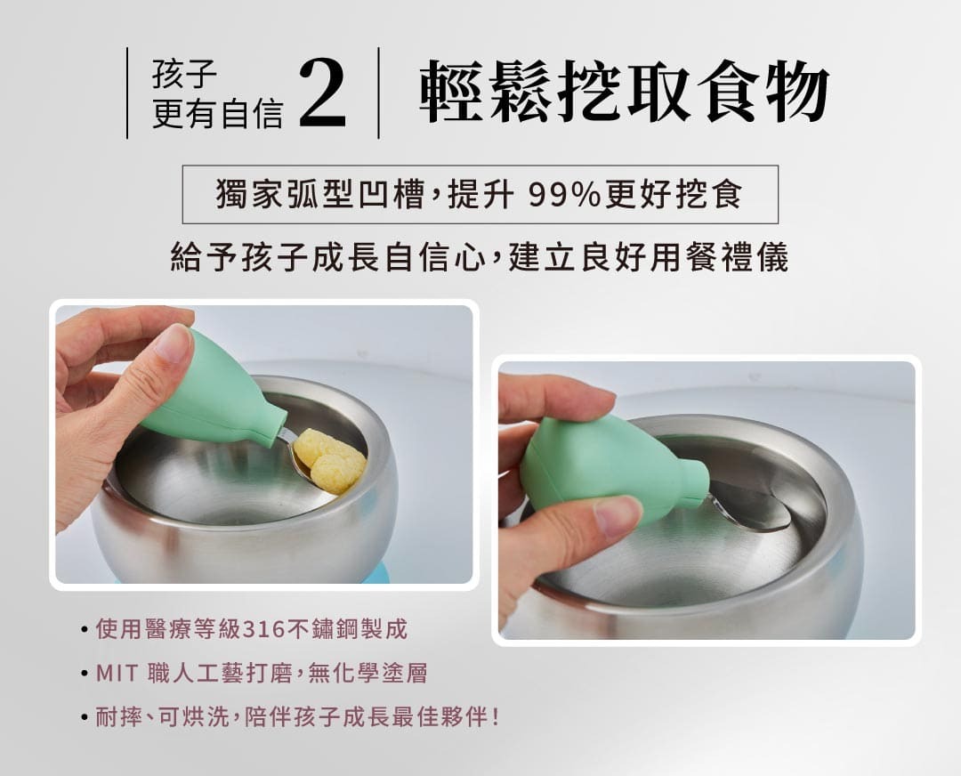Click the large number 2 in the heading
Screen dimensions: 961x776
pyautogui.click(x=323, y=93)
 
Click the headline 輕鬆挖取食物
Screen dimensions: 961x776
pyautogui.click(x=623, y=93)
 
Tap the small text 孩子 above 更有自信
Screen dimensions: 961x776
pyautogui.click(x=184, y=74)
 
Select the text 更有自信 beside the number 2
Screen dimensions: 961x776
pyautogui.click(x=218, y=113)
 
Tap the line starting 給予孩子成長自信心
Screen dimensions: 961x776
pyautogui.click(x=480, y=257)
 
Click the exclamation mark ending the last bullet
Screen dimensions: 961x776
pyautogui.click(x=496, y=716)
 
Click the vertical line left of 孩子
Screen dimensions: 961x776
pyautogui.click(x=127, y=93)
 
